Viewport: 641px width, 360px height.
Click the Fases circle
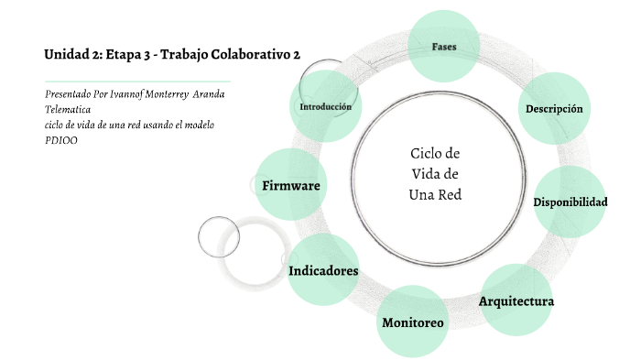[x=444, y=46]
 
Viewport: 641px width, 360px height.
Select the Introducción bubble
[x=325, y=107]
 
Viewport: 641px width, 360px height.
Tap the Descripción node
[x=554, y=109]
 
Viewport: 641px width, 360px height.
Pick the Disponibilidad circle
[x=570, y=202]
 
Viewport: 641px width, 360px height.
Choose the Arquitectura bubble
[x=516, y=300]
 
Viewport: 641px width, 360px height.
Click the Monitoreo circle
[x=412, y=322]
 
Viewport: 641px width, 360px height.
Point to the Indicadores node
[x=322, y=270]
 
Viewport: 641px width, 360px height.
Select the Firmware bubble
[x=290, y=186]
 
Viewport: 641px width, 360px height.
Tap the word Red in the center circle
[x=449, y=194]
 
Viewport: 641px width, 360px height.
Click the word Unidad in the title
[x=65, y=55]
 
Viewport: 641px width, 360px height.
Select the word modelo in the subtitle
[x=197, y=125]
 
